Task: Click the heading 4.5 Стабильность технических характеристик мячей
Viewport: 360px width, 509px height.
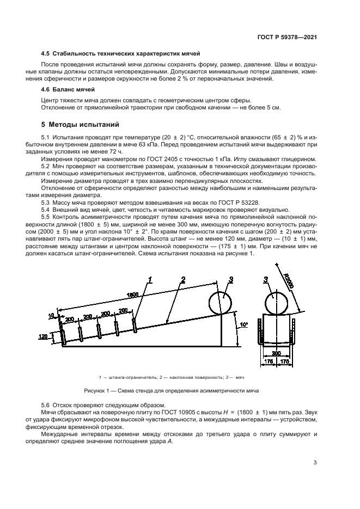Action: [121, 54]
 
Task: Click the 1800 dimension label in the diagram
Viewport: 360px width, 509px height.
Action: [132, 295]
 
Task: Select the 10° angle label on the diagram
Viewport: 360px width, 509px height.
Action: [243, 325]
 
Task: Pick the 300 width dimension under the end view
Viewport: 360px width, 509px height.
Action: [276, 353]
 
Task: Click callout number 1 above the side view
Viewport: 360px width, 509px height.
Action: [150, 280]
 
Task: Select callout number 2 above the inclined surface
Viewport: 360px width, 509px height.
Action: [183, 280]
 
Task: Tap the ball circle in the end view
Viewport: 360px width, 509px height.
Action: [276, 302]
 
